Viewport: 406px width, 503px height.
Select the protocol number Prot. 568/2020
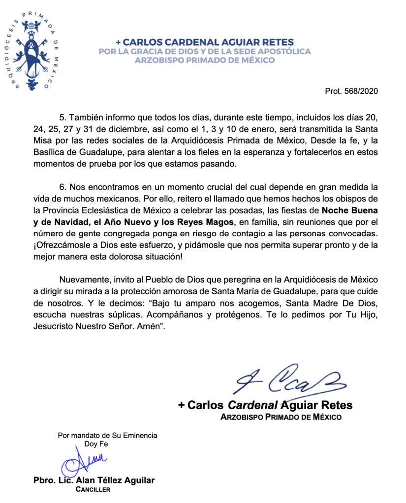click(351, 92)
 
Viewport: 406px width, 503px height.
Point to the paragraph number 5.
click(62, 118)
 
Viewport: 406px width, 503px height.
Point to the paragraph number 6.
click(62, 187)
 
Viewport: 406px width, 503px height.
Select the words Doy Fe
click(96, 444)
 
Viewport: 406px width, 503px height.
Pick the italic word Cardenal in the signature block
click(252, 406)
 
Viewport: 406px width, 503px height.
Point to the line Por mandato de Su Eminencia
click(107, 435)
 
